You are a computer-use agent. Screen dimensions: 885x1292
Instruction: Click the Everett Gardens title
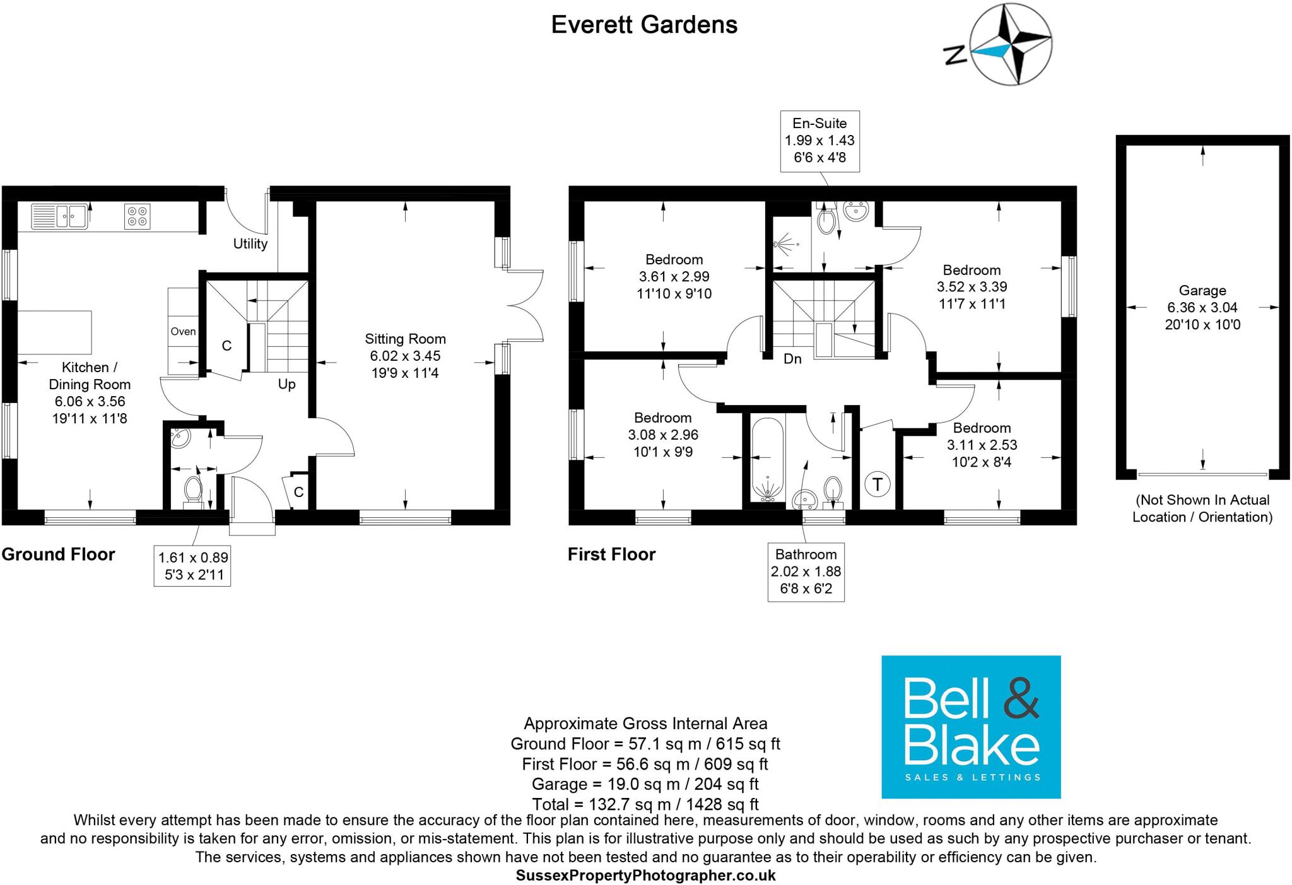[644, 25]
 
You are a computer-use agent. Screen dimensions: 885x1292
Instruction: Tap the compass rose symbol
[1011, 44]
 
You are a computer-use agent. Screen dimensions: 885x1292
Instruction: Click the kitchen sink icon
[59, 216]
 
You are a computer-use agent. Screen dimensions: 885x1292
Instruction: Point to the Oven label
[183, 331]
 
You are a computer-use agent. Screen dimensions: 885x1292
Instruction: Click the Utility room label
[250, 243]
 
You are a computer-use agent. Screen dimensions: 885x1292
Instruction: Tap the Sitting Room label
[405, 339]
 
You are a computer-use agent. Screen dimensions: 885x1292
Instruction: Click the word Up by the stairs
[286, 384]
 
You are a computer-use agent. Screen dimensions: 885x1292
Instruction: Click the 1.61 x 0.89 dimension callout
[192, 566]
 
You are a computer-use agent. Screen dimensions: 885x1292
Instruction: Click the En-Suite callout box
[819, 141]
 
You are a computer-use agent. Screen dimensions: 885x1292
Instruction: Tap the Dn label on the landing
[792, 359]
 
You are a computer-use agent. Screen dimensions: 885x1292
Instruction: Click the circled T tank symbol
[877, 484]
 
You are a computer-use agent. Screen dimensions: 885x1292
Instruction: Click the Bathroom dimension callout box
[806, 571]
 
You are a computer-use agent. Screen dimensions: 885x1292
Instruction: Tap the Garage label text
[1202, 291]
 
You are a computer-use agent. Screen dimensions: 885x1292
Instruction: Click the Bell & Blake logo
[970, 727]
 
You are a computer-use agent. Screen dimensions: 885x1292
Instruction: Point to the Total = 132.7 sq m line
[645, 804]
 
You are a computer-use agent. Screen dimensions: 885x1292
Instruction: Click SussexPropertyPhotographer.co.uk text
[645, 876]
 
